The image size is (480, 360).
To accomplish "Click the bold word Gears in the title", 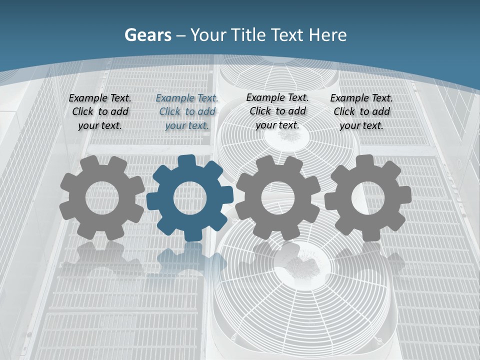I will pyautogui.click(x=147, y=35).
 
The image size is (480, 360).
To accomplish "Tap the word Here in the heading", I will pyautogui.click(x=327, y=35).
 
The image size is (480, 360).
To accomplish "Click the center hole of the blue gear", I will pyautogui.click(x=190, y=198).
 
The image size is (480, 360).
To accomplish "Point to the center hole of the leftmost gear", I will pyautogui.click(x=102, y=198).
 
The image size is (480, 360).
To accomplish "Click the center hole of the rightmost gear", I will pyautogui.click(x=367, y=198).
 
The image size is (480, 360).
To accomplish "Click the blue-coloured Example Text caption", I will pyautogui.click(x=187, y=112).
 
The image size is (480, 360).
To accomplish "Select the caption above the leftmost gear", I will pyautogui.click(x=100, y=112).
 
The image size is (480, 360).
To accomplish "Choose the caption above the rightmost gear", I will pyautogui.click(x=361, y=112).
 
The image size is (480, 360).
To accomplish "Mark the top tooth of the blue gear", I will pyautogui.click(x=186, y=161).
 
